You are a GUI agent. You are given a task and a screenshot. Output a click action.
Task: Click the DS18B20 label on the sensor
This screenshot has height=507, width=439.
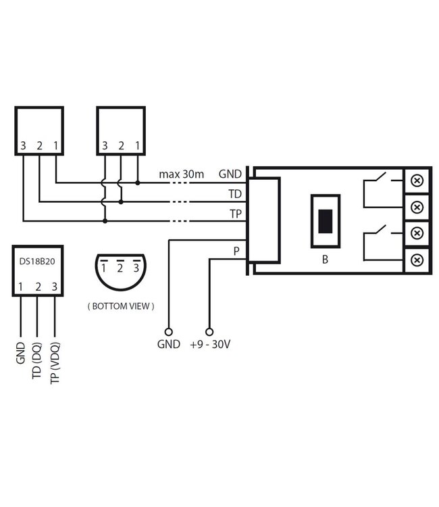(38, 260)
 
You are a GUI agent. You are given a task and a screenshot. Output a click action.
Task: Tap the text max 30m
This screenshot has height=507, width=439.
(181, 174)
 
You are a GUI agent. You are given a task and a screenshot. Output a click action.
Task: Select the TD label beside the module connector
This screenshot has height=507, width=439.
(235, 194)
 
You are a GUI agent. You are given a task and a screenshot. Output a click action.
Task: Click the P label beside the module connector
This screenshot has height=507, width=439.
(236, 251)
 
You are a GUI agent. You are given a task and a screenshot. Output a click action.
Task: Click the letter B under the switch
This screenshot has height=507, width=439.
(325, 259)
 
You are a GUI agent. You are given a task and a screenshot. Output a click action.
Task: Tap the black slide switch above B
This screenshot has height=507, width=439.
(325, 221)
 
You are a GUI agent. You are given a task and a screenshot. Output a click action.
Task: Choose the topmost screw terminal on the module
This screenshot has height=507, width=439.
(417, 180)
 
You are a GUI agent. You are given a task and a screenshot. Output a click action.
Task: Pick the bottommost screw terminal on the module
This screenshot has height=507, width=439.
(417, 259)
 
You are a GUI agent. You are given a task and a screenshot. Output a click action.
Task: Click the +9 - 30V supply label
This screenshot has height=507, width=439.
(210, 344)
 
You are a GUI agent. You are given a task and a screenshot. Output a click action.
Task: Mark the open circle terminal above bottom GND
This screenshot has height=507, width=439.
(168, 332)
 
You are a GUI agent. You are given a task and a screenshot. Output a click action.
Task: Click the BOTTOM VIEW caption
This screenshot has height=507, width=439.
(121, 306)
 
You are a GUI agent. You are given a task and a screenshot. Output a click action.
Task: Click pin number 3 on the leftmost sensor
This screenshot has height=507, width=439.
(23, 145)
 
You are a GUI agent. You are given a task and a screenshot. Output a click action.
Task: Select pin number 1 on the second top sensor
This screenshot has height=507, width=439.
(138, 145)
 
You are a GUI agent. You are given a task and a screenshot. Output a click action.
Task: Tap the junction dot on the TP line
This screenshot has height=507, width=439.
(105, 220)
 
